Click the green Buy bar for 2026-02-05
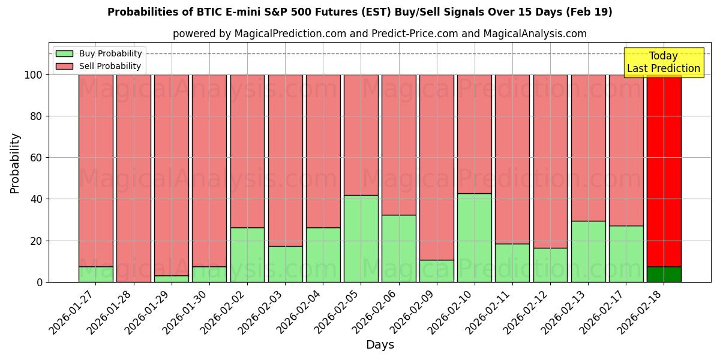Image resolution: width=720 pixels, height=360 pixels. (361, 238)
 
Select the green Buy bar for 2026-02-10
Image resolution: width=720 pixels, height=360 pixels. (475, 238)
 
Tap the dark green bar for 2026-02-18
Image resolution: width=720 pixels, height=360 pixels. (664, 274)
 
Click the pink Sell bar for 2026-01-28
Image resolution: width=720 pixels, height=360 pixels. (133, 178)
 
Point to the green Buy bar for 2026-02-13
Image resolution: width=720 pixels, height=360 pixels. (588, 251)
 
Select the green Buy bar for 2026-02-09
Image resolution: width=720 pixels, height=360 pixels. (437, 271)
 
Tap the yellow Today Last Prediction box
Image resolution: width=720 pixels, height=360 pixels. (663, 62)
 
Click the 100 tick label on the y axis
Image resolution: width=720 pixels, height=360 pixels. (33, 75)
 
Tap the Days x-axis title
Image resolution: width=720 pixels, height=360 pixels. (380, 345)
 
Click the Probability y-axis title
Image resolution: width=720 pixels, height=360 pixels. (15, 163)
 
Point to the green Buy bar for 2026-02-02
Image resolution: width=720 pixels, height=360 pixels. (247, 254)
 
